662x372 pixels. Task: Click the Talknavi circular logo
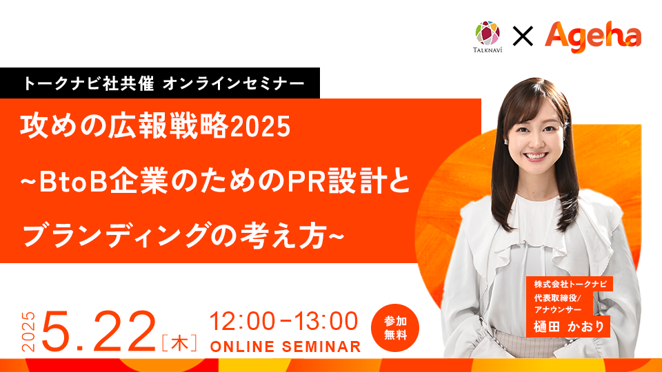488,33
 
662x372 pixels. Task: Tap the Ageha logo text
593,37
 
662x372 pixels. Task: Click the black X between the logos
523,36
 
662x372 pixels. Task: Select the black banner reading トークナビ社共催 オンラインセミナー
159,83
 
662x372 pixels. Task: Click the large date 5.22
99,331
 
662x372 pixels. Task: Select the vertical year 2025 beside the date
28,331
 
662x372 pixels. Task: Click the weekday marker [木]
179,342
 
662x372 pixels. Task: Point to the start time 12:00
242,322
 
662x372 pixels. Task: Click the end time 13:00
325,322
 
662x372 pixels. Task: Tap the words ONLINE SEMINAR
285,347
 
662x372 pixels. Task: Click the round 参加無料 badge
395,328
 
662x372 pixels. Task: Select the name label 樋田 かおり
569,327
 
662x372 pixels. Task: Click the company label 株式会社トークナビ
570,284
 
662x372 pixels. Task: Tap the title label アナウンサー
558,309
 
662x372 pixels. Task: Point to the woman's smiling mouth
535,156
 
